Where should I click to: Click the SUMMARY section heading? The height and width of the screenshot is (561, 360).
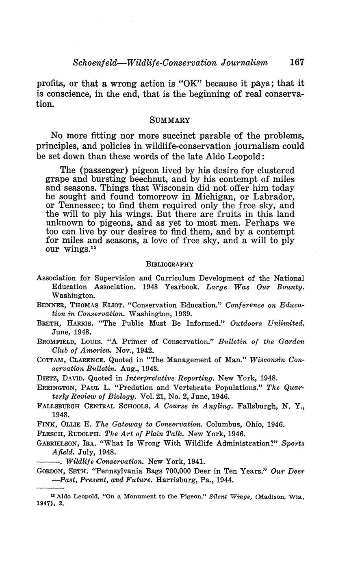170,120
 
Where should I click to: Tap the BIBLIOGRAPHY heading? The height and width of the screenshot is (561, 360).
169,264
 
